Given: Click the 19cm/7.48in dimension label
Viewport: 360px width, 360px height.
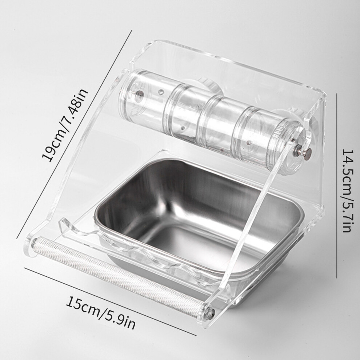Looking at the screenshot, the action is [x=65, y=125].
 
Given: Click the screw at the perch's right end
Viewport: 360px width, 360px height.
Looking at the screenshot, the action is [x=209, y=313].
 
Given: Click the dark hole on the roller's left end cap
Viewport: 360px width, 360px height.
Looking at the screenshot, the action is [x=139, y=94].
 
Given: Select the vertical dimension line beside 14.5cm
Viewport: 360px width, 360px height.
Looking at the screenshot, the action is [x=337, y=185].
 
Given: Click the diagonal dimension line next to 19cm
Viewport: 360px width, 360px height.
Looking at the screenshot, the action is [x=74, y=134].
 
